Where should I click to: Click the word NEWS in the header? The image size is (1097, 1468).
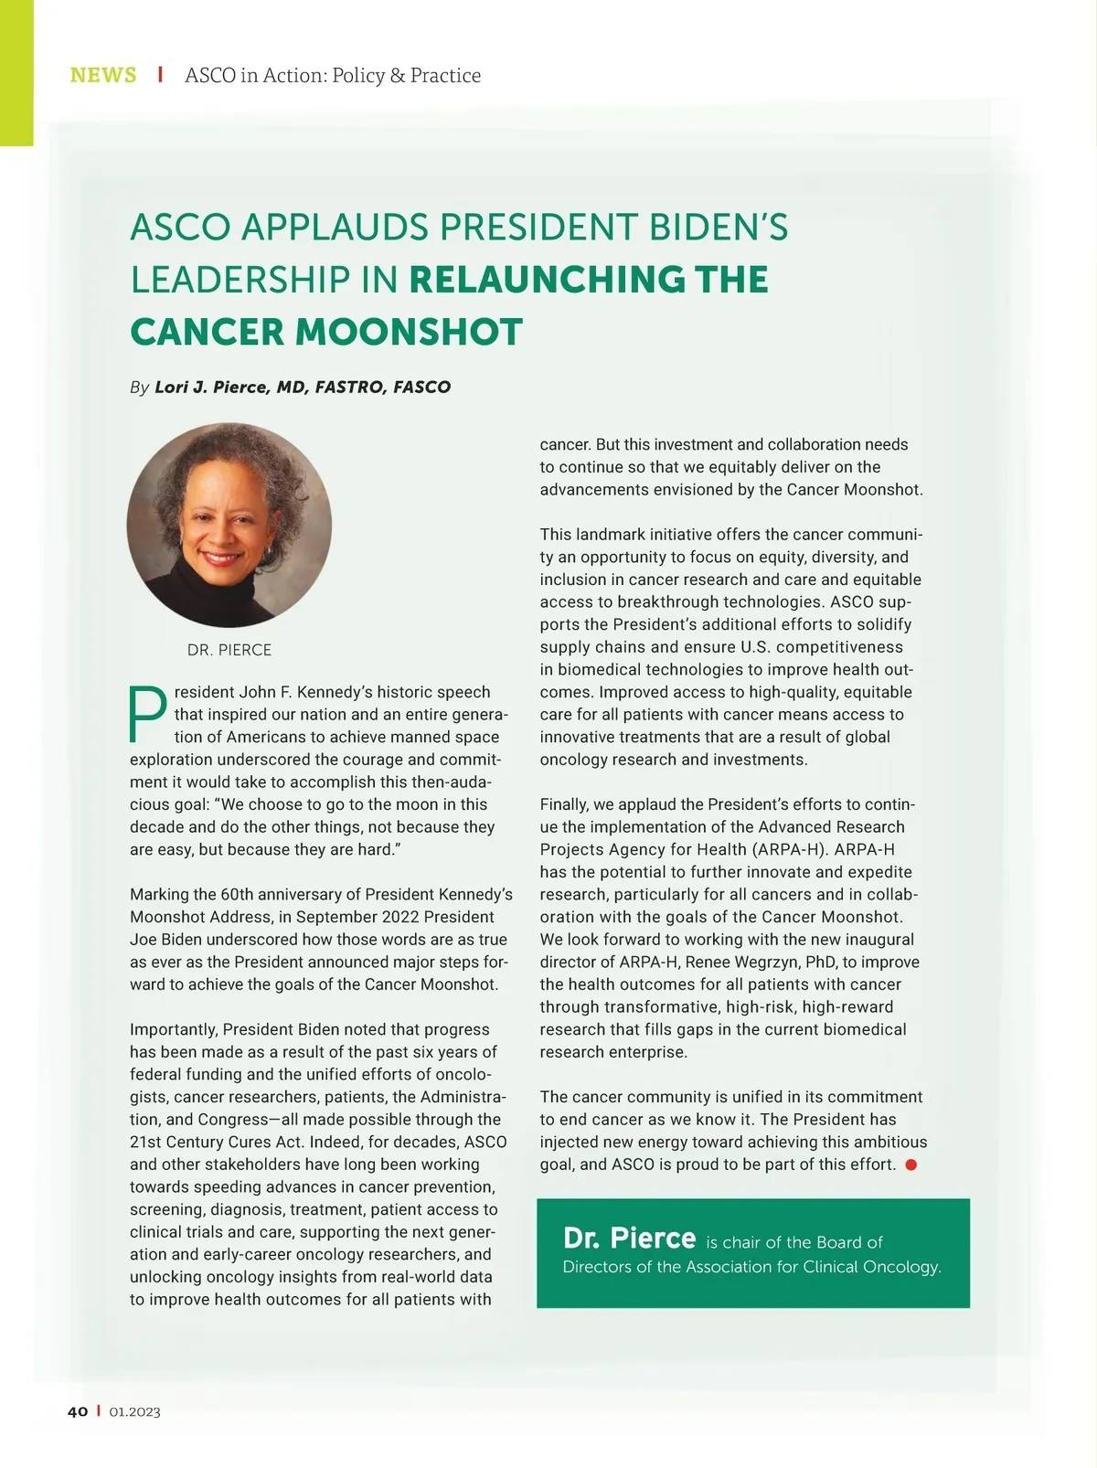click(103, 75)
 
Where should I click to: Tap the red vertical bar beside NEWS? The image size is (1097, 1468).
click(160, 74)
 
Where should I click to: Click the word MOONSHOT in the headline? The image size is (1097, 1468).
click(408, 332)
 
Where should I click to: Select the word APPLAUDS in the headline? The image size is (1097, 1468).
click(335, 227)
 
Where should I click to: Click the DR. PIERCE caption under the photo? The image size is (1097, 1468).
click(229, 650)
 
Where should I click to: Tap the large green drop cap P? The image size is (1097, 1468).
click(146, 714)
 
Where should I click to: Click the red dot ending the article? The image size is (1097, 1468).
click(911, 1165)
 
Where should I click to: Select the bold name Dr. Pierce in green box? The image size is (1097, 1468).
click(629, 1238)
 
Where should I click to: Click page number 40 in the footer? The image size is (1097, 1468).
click(78, 1411)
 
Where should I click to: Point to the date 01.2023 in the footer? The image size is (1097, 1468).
click(134, 1412)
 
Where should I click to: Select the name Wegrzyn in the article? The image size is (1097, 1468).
click(768, 962)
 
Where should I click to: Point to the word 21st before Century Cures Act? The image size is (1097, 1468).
click(144, 1142)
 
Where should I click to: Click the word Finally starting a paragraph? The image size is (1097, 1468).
click(564, 804)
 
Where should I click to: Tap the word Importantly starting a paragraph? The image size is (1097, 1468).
click(174, 1029)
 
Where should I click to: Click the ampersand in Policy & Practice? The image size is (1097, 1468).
click(398, 75)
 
